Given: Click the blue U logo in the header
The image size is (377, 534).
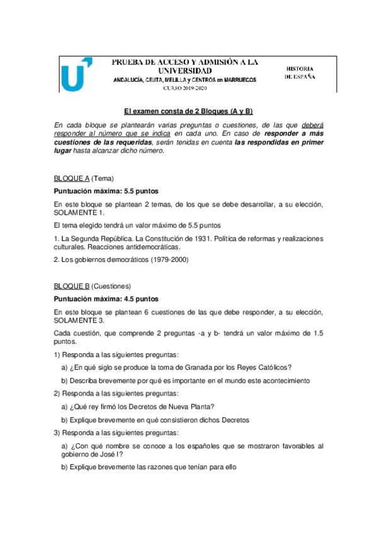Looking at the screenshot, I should click(x=77, y=75).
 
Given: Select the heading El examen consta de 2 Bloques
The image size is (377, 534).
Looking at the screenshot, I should click(x=188, y=111).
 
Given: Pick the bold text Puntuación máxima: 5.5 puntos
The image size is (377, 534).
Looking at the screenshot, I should click(x=105, y=190).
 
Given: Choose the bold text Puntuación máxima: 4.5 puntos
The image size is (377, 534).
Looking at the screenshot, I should click(x=105, y=298).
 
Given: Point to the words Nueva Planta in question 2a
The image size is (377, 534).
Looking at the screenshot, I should click(x=193, y=406).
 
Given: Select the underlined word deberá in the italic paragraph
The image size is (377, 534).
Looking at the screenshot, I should click(x=312, y=123).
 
